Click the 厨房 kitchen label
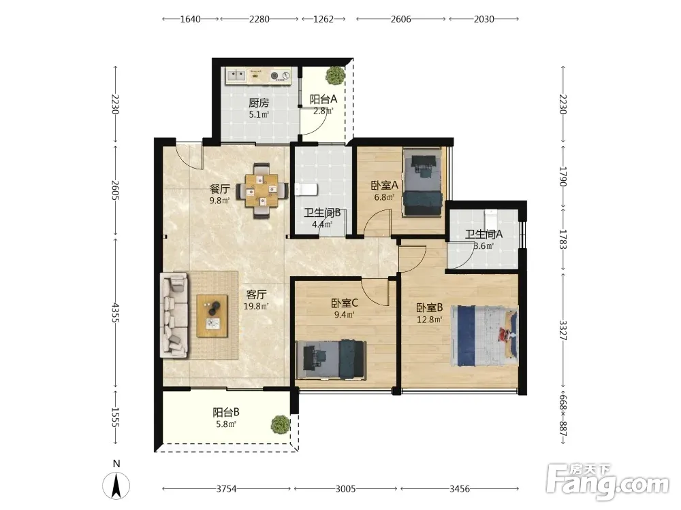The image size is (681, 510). (258, 103)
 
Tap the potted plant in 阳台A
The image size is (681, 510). (335, 75)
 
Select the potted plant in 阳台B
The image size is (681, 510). (281, 424)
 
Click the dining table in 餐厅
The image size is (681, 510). (262, 190)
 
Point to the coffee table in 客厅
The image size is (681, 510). (212, 316)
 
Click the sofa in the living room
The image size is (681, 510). (174, 316)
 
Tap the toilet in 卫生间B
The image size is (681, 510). (306, 190)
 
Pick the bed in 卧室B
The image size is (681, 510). (484, 336)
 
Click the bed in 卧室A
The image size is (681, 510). (423, 182)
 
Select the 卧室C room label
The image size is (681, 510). (345, 303)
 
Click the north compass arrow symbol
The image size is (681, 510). (116, 486)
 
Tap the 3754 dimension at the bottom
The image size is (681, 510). (226, 489)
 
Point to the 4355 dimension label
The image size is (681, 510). (115, 312)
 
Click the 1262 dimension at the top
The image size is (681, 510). (323, 18)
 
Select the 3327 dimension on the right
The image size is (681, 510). (563, 330)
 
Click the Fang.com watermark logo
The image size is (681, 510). (607, 481)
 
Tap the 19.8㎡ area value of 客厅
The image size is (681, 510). (256, 306)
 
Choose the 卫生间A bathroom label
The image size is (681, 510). (484, 234)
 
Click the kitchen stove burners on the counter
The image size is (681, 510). (280, 76)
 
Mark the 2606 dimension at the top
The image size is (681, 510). (401, 18)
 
